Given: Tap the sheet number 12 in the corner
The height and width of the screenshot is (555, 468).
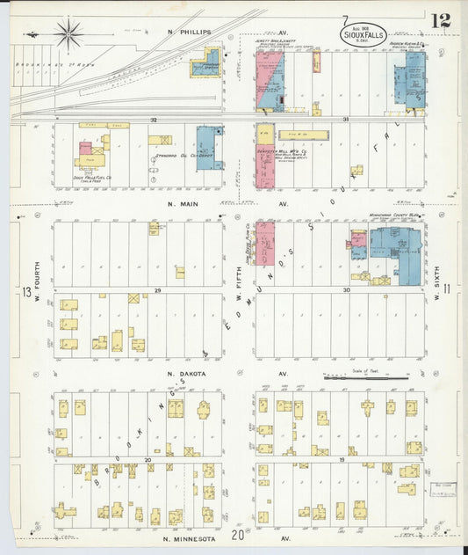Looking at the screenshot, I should [x=442, y=20].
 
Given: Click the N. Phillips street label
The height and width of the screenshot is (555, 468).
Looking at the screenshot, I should [x=190, y=33].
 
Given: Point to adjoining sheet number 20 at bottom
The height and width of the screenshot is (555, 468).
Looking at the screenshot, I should [x=237, y=534].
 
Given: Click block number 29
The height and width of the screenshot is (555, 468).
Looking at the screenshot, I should [x=158, y=289].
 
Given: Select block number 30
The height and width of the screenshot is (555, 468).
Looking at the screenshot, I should [x=347, y=289].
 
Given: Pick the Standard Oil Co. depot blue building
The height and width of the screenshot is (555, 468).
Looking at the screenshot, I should [x=209, y=147].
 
